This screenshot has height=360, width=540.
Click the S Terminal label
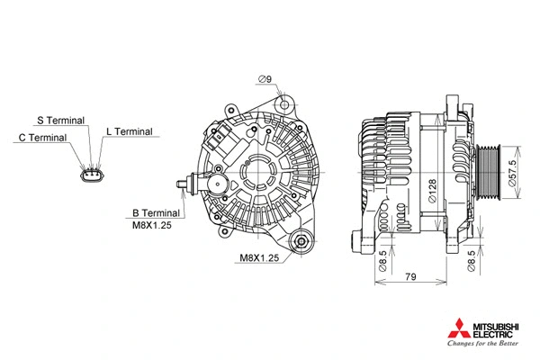pos(61,120)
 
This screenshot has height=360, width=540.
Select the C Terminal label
pos(42,138)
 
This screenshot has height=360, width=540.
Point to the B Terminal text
pos(156,212)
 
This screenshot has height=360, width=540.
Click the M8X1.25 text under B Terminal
pos(151,225)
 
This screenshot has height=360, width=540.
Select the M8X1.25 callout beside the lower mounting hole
pos(259,257)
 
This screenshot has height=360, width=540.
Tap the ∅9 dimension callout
pos(265,80)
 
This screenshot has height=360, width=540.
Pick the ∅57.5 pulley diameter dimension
pos(512,169)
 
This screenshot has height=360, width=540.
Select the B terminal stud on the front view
pos(186,186)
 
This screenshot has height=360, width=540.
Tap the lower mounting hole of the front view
pos(303,240)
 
